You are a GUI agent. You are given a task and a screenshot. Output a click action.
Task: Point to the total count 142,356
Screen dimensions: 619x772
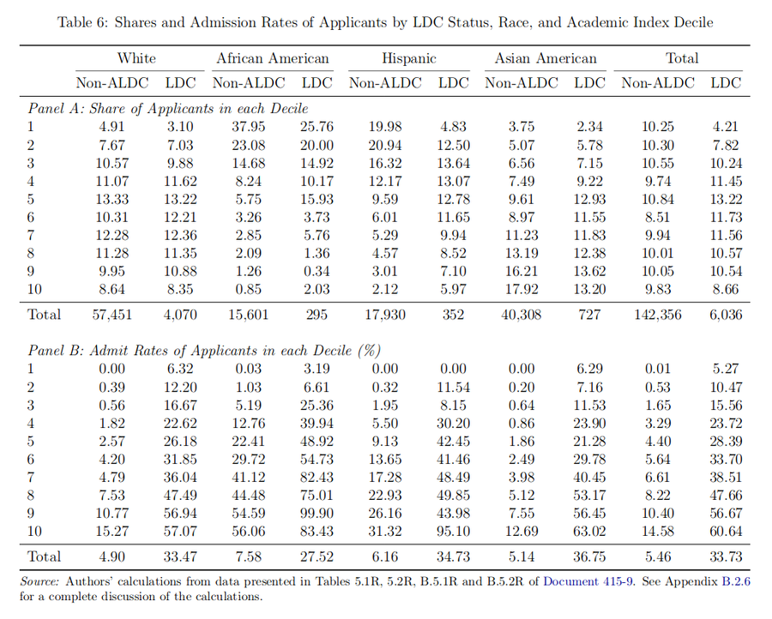pyautogui.click(x=659, y=315)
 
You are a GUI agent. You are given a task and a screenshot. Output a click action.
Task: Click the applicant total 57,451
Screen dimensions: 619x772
pyautogui.click(x=112, y=315)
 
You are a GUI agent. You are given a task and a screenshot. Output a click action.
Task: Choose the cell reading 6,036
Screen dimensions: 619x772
pyautogui.click(x=726, y=315)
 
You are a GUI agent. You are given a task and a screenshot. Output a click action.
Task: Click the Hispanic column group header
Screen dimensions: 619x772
pyautogui.click(x=409, y=58)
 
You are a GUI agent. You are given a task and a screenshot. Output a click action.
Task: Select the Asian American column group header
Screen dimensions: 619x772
pyautogui.click(x=546, y=58)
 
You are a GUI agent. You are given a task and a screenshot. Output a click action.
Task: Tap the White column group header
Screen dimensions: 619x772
pyautogui.click(x=136, y=58)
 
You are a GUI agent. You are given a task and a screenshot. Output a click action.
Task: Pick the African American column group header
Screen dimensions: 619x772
pyautogui.click(x=273, y=58)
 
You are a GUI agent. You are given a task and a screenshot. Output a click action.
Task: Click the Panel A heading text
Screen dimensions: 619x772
pyautogui.click(x=169, y=109)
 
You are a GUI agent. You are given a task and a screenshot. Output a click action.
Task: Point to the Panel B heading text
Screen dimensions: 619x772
pyautogui.click(x=204, y=350)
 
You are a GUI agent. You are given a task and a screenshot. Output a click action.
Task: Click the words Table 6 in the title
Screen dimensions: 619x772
pyautogui.click(x=83, y=22)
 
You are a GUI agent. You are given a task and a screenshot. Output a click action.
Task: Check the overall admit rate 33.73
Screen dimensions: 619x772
pyautogui.click(x=726, y=556)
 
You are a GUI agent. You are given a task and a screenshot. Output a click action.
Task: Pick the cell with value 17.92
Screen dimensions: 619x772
pyautogui.click(x=522, y=289)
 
